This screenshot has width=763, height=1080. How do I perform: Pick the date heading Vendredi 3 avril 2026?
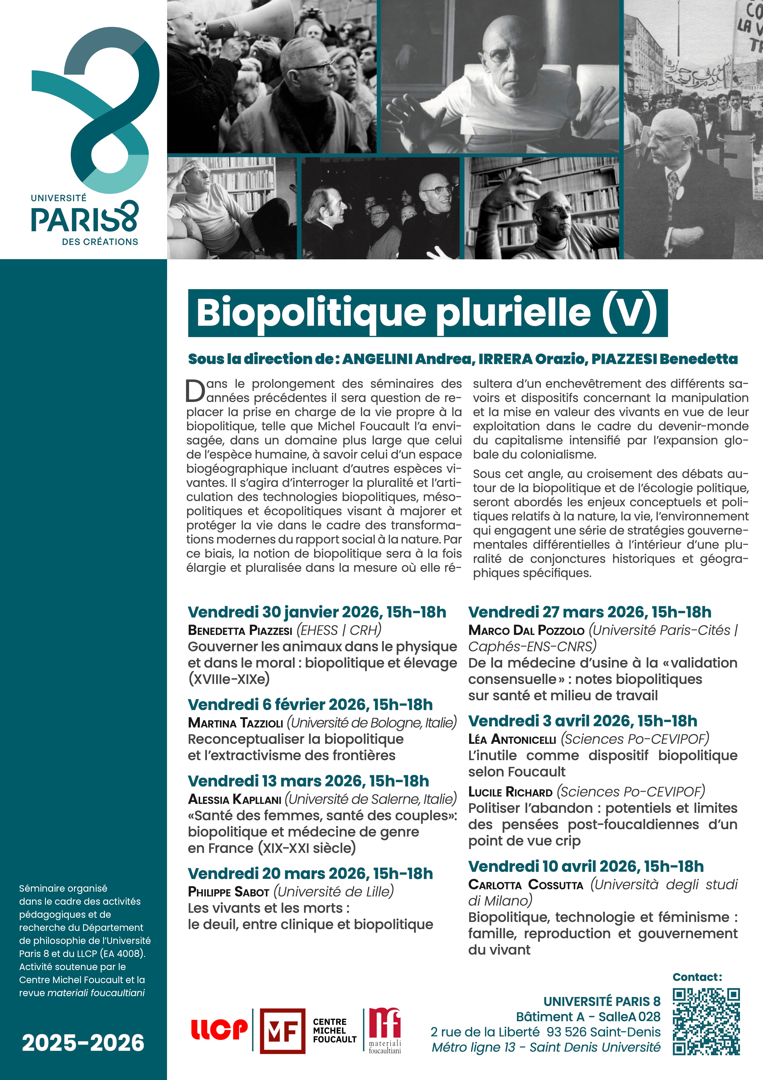[x=582, y=721]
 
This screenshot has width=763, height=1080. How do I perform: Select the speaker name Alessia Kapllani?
[x=235, y=799]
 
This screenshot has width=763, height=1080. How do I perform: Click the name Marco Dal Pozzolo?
[x=526, y=630]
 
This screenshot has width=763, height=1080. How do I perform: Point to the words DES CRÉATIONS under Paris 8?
[x=100, y=242]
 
